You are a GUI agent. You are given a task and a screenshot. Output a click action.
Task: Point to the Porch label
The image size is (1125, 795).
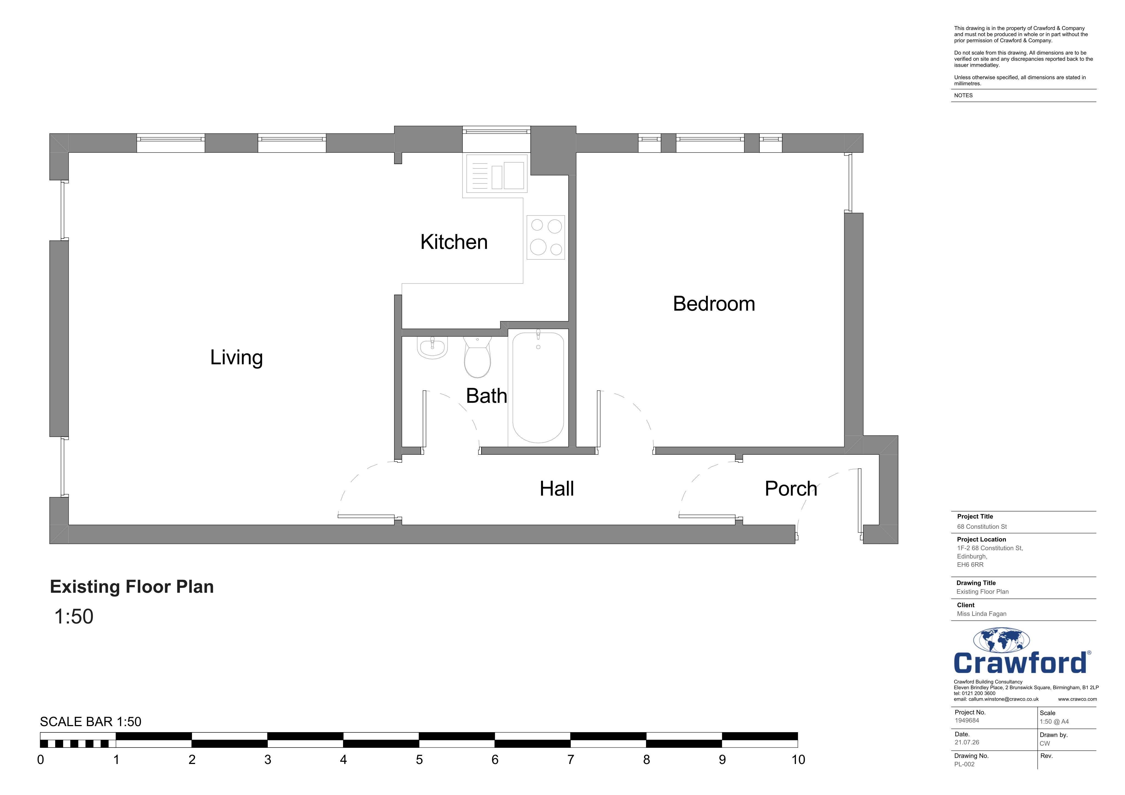pos(791,488)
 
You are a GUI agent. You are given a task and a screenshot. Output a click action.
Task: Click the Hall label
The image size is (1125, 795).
pos(557,488)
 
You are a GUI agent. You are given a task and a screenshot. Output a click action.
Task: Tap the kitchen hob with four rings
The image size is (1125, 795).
pos(546,237)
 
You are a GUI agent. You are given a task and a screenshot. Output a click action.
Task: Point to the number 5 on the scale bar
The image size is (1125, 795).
pos(419,760)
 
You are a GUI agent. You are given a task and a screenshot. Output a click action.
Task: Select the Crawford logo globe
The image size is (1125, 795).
pos(1001,641)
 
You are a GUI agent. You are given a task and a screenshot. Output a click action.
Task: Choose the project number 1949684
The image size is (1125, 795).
pos(967,721)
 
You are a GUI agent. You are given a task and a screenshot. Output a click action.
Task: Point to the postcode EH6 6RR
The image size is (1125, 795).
pos(970,565)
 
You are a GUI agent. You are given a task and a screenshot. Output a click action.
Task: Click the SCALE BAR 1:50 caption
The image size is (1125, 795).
pos(91,722)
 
